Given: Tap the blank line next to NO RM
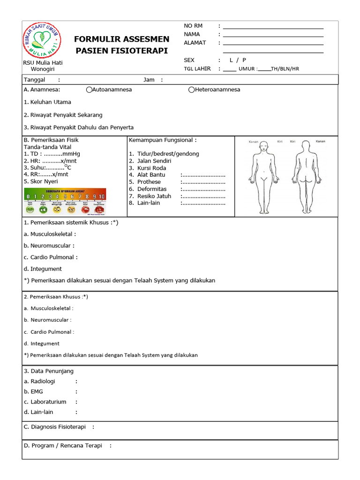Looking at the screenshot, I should [x=273, y=26].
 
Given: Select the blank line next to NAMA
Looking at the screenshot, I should [x=273, y=34].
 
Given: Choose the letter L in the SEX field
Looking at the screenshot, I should [x=231, y=60].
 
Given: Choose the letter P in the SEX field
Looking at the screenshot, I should [x=244, y=60].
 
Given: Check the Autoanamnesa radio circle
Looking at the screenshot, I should [x=89, y=90].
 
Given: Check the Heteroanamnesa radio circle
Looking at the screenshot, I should [x=191, y=90].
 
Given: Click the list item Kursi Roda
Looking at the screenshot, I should [x=151, y=168].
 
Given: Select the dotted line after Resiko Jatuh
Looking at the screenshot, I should [x=203, y=196].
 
